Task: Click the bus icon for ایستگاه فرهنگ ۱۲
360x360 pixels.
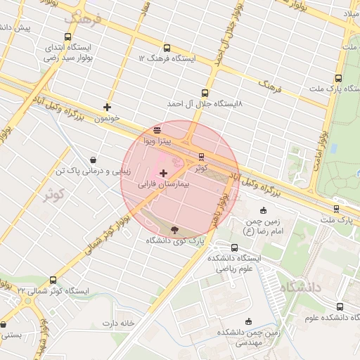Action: tap(167, 48)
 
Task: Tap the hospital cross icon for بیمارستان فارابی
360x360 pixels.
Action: tap(164, 173)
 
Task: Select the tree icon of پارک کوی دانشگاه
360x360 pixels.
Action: tap(174, 229)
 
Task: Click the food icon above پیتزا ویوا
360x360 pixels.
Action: tap(156, 129)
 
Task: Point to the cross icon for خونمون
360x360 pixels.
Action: tap(107, 107)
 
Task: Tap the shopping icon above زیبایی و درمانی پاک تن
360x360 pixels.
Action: tap(94, 160)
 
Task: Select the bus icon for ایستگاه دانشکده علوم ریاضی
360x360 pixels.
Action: tap(233, 247)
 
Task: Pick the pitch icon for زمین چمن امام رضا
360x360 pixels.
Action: tap(264, 210)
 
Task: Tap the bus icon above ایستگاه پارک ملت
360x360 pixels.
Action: tap(338, 79)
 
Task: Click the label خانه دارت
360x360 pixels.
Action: tap(117, 323)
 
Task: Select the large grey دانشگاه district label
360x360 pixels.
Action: tap(300, 288)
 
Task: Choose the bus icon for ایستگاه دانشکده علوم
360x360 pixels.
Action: tap(340, 307)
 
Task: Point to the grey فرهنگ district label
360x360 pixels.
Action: tap(84, 18)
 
